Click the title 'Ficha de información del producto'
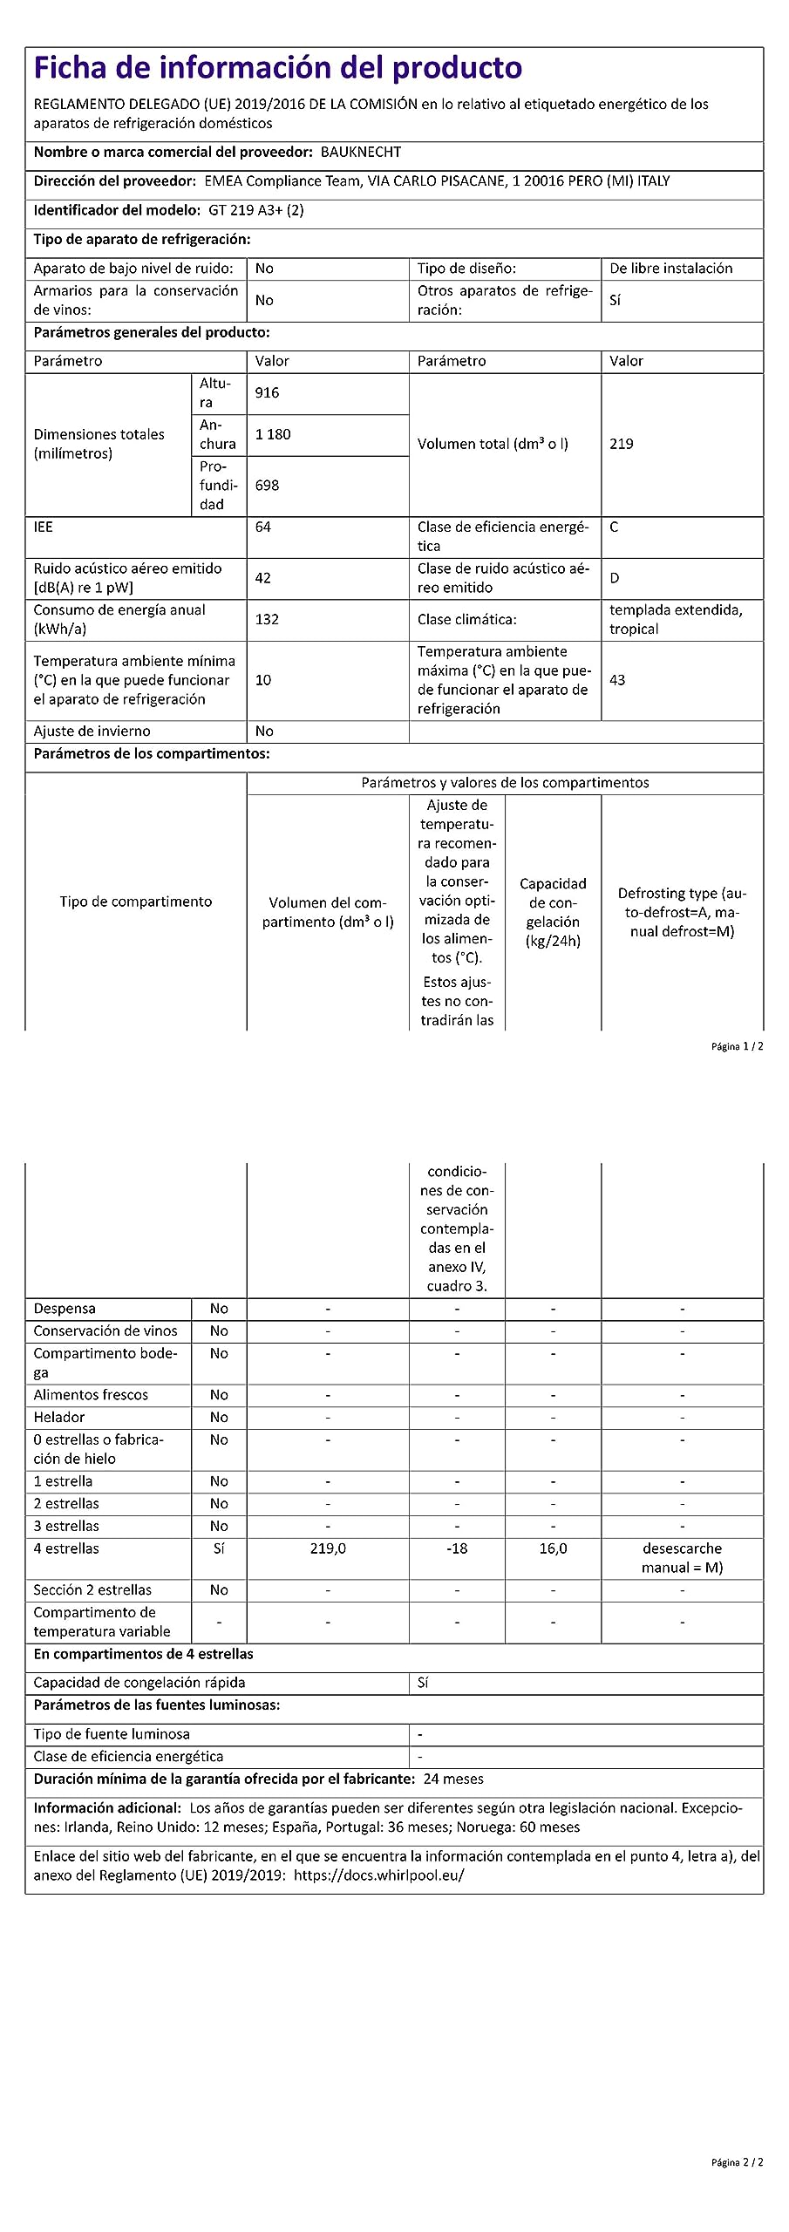coord(277,68)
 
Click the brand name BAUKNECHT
coord(361,152)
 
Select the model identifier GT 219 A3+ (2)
coord(256,210)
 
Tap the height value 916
coord(267,392)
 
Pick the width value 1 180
coord(273,434)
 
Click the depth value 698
coord(267,485)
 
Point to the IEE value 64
coord(262,527)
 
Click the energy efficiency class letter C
coord(614,527)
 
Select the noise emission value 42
coord(262,577)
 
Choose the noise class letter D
coord(615,577)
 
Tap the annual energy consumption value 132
coord(267,619)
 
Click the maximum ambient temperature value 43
coord(617,679)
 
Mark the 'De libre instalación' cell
coord(670,269)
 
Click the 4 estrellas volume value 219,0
coord(328,1548)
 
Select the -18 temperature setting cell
coord(457,1548)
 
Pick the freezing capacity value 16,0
coord(553,1548)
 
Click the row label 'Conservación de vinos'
coord(105,1330)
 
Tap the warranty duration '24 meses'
coord(452,1779)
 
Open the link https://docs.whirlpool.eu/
coord(378,1875)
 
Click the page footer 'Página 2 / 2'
coord(737,2161)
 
